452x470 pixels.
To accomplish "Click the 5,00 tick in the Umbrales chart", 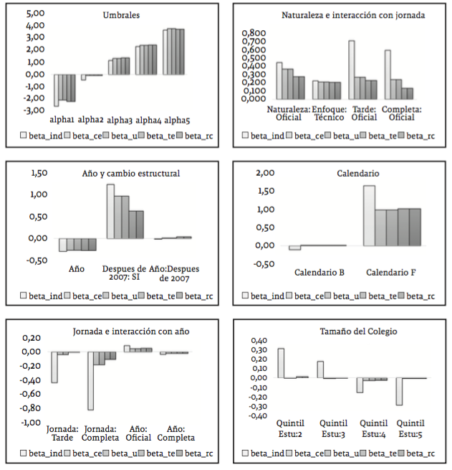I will pos(35,14).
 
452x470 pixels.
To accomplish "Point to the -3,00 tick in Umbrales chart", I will pos(34,111).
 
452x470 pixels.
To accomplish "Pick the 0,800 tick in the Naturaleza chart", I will pos(253,33).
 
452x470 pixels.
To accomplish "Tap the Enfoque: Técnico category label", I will pos(328,113).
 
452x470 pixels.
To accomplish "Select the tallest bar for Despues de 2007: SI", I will pos(111,212).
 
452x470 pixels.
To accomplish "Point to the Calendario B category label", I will pos(319,273).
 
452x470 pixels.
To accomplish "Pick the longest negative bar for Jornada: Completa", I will pos(91,380).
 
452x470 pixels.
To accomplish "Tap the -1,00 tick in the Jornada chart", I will pos(32,423).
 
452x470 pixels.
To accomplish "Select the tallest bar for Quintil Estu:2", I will pos(281,363).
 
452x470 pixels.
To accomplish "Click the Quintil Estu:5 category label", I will pos(410,428).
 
